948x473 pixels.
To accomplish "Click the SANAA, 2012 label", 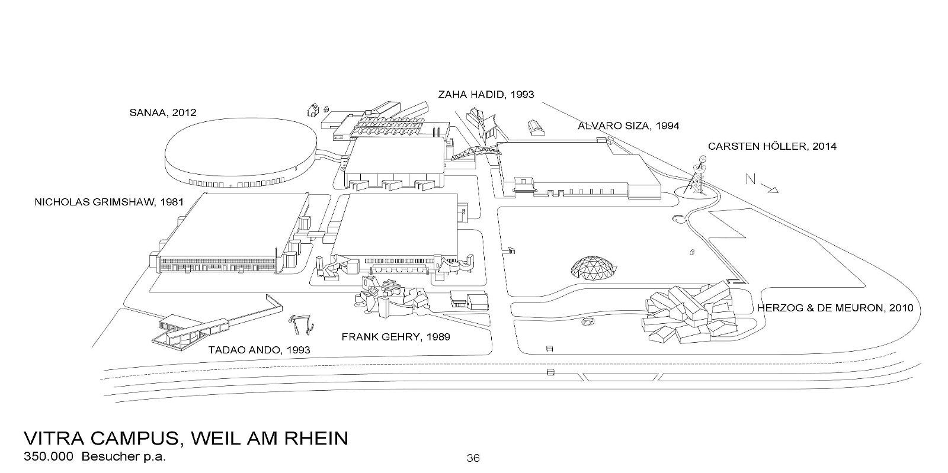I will pyautogui.click(x=163, y=112).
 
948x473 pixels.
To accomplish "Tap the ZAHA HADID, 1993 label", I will pyautogui.click(x=486, y=94).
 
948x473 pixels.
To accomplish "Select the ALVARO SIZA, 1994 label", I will pyautogui.click(x=629, y=126).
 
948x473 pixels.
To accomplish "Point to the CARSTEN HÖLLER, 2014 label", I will pyautogui.click(x=772, y=146).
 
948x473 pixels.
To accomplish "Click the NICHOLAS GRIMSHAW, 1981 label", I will pyautogui.click(x=109, y=202).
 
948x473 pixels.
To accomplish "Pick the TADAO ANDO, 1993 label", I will pyautogui.click(x=259, y=350).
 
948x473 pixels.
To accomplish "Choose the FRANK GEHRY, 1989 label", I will pyautogui.click(x=395, y=337).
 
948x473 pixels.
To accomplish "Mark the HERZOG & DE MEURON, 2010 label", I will pyautogui.click(x=835, y=308).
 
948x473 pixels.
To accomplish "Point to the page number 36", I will pyautogui.click(x=473, y=458).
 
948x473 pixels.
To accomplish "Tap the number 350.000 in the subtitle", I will pyautogui.click(x=49, y=457).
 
